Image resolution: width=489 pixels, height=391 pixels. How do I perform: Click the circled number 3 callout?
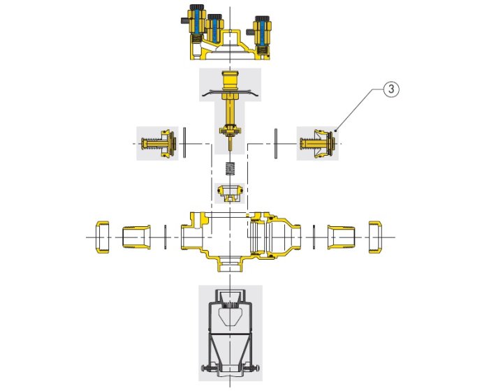click(391, 89)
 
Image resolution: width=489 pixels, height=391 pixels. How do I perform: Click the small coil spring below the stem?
click(230, 169)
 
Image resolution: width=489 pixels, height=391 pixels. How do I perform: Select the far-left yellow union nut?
click(103, 237)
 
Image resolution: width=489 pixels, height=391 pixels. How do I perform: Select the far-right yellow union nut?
click(375, 237)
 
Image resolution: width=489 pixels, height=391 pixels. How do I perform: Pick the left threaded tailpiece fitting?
click(136, 237)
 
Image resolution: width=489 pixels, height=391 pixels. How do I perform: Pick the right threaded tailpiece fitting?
click(341, 237)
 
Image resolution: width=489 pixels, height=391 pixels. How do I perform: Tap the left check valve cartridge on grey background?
click(159, 143)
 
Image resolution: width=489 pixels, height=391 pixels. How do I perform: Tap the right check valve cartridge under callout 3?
click(318, 143)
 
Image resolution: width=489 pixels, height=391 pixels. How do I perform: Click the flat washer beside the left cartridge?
click(184, 143)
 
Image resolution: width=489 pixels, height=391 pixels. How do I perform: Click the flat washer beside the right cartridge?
click(276, 143)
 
